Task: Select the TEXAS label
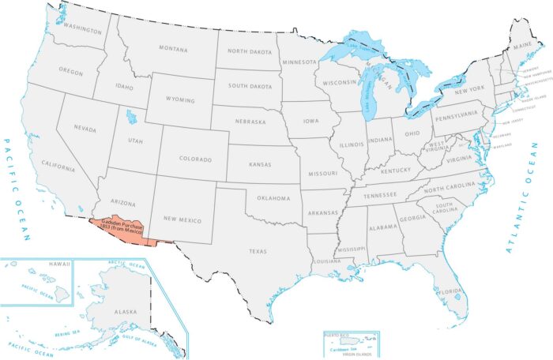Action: click(258, 252)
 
